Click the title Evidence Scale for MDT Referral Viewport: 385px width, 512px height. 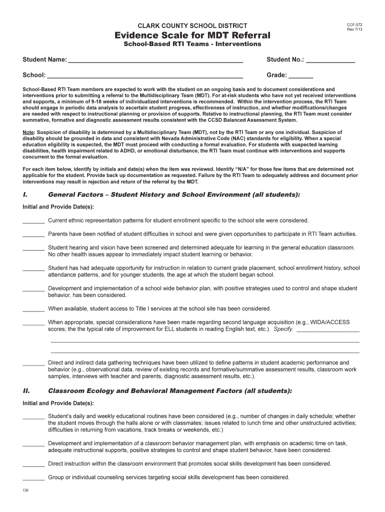click(192, 35)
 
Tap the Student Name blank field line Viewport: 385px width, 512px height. click(155, 61)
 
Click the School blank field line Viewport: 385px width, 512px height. click(145, 77)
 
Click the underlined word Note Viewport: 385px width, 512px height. click(28, 132)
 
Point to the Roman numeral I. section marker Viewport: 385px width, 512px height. click(26, 194)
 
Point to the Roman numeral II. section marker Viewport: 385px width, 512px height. click(27, 390)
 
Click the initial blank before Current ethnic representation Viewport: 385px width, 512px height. click(33, 221)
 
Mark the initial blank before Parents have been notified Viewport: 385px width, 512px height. click(33, 235)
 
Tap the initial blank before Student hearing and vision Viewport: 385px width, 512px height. click(33, 248)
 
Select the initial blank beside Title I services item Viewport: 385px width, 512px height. click(33, 309)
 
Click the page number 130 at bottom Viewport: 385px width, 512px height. click(25, 490)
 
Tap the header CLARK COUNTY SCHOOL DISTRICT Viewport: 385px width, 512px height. click(192, 25)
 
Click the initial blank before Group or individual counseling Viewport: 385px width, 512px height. click(33, 478)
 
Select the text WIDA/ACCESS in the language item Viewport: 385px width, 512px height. click(332, 322)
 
